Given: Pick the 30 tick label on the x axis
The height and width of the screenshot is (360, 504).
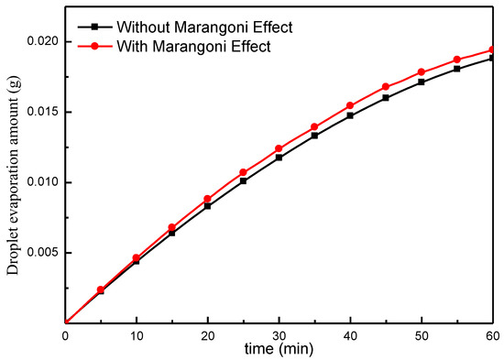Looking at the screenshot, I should pyautogui.click(x=279, y=336).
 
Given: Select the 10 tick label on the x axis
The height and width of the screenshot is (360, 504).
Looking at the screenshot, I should pyautogui.click(x=137, y=336).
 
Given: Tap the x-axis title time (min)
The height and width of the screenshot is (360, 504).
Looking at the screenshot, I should pyautogui.click(x=280, y=351).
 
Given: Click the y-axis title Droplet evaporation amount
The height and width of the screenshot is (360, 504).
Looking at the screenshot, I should pyautogui.click(x=12, y=183).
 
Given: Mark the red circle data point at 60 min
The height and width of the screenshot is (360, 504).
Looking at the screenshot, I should pyautogui.click(x=494, y=50).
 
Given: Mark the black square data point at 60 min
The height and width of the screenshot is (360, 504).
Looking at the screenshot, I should pyautogui.click(x=494, y=58).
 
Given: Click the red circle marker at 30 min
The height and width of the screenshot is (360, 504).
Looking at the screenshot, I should pyautogui.click(x=279, y=148).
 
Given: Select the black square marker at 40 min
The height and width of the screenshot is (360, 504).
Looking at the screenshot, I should pyautogui.click(x=351, y=115).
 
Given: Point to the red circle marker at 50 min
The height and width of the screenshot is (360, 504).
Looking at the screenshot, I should pyautogui.click(x=422, y=72).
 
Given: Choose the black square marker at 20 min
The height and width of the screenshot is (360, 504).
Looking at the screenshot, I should pyautogui.click(x=208, y=206).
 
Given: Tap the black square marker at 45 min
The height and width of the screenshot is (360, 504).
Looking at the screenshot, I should pyautogui.click(x=387, y=97).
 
